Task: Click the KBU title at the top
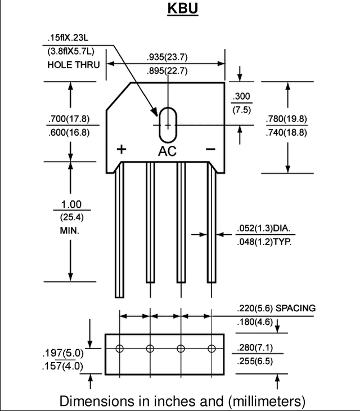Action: coord(183,8)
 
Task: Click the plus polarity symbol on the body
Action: coord(121,149)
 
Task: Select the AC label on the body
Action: coord(167,151)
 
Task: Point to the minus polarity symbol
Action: coord(210,149)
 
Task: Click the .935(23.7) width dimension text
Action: coord(167,57)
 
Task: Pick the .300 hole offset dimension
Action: coord(241,96)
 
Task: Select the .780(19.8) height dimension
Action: coord(286,119)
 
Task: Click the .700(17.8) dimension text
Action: coord(69,119)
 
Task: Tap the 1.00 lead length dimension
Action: coord(71,204)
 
